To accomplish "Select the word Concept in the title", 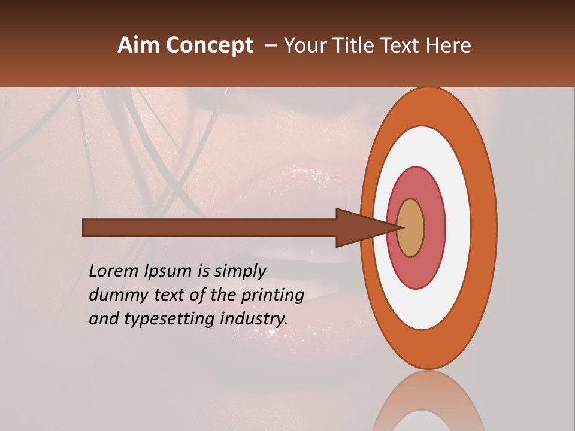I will click(210, 45).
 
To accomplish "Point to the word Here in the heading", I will click(450, 45).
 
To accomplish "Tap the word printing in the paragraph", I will click(273, 295).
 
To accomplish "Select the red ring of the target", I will click(434, 227).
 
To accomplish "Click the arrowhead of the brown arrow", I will click(359, 227).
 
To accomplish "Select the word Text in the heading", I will click(402, 45).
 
